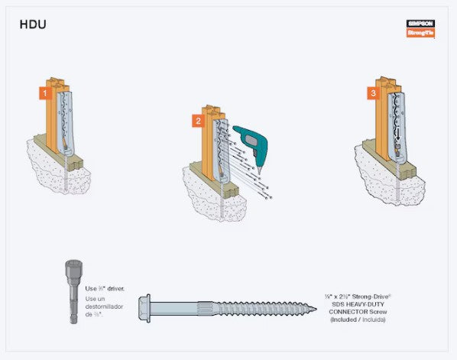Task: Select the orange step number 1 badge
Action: click(x=45, y=93)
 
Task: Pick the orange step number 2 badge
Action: click(x=197, y=121)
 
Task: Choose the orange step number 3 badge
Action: click(x=372, y=92)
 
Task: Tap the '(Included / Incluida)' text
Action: click(x=358, y=319)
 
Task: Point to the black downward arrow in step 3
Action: click(x=398, y=138)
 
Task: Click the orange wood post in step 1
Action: click(x=54, y=115)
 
